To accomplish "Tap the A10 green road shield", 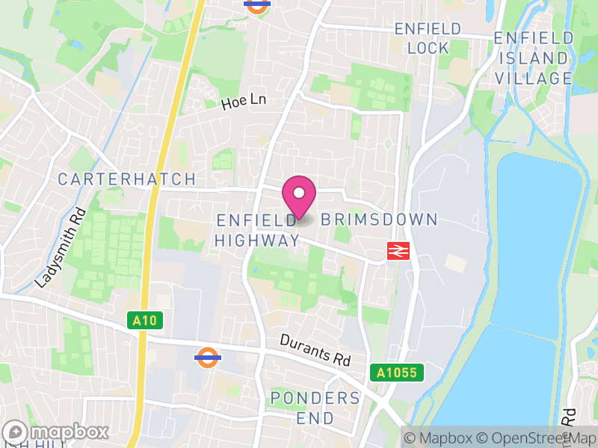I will (145, 320).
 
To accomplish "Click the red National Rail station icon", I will (398, 252).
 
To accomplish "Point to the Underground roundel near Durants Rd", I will (207, 357).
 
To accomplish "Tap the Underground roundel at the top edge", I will (256, 4).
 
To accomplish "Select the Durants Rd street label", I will (315, 349).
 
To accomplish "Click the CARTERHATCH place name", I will (127, 179).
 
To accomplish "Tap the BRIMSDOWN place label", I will (379, 220).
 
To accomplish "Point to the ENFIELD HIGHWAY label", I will (257, 230).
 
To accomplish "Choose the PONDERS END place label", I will (315, 408).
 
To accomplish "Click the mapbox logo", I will (56, 432).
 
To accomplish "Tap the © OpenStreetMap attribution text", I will (532, 438).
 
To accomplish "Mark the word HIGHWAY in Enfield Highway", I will (257, 240).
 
